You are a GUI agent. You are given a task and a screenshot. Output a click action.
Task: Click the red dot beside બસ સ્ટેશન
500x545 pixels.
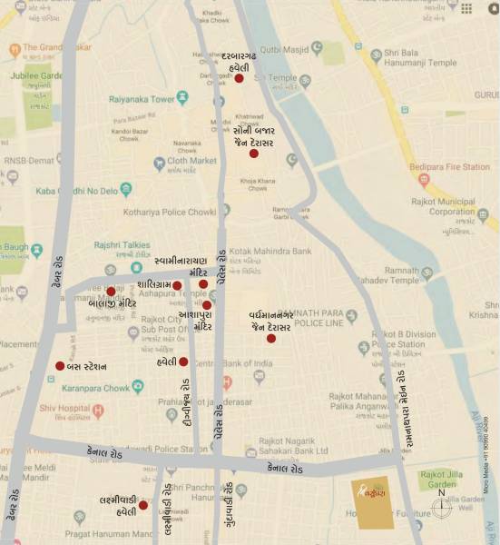[x=60, y=366]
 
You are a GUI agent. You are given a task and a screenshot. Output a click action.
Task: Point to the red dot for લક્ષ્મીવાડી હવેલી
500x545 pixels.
[x=142, y=505]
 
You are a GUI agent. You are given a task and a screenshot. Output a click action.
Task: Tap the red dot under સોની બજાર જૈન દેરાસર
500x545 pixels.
[x=254, y=154]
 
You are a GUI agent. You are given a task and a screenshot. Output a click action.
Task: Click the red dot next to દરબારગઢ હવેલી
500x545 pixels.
[x=239, y=79]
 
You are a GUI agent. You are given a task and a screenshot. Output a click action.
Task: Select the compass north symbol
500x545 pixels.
[x=442, y=507]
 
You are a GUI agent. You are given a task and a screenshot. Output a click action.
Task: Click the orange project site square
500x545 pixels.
[x=373, y=502]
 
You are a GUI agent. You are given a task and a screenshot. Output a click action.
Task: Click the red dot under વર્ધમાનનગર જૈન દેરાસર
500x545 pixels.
[x=270, y=339]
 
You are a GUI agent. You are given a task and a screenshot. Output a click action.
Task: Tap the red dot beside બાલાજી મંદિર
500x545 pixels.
[x=111, y=292]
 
